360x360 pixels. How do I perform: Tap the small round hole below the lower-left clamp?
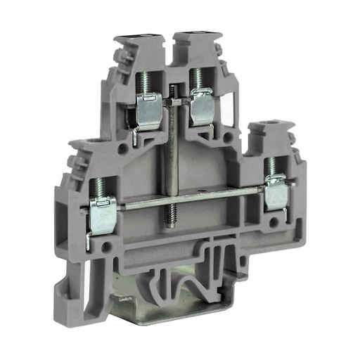coord(107,247)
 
